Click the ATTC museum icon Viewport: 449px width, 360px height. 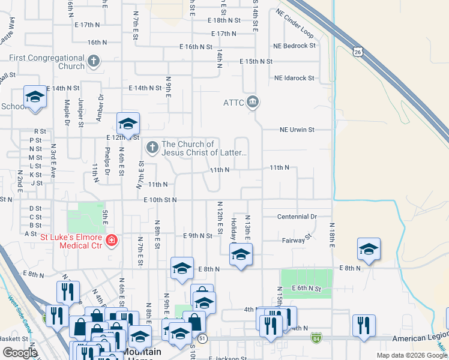[253, 102]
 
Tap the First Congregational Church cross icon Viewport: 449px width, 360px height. [93, 61]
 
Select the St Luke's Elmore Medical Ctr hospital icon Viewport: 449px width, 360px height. [111, 241]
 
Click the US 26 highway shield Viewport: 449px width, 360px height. [358, 53]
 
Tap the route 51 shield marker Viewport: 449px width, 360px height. [202, 338]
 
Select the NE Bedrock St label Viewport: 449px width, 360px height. [294, 46]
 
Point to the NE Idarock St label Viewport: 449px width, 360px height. [294, 78]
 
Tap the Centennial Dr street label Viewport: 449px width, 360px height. [297, 217]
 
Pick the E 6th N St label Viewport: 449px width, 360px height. [311, 289]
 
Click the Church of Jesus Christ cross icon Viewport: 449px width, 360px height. [152, 146]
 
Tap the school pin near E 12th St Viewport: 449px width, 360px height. [128, 124]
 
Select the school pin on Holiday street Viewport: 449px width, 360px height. [241, 254]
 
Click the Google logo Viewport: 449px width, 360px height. [20, 352]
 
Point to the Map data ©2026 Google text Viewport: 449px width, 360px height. [411, 355]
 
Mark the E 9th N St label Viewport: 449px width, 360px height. [197, 236]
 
